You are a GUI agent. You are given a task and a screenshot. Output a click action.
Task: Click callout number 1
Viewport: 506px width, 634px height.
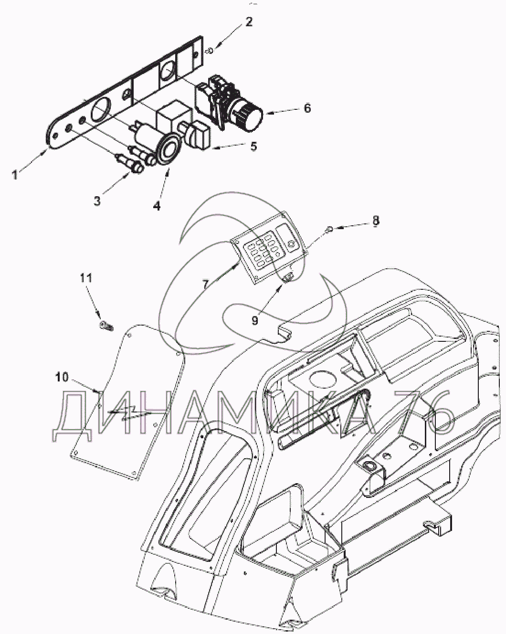tap(15, 175)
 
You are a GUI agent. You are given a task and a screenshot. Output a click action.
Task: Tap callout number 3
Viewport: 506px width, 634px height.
tap(97, 201)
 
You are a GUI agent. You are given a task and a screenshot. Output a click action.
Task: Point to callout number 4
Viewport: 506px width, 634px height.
tap(157, 206)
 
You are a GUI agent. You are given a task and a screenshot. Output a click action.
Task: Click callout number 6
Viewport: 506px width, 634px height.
tap(307, 108)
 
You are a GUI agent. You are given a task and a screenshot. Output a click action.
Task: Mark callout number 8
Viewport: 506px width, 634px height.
tap(376, 220)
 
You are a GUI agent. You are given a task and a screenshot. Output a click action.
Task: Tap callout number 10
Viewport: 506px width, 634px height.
tap(62, 377)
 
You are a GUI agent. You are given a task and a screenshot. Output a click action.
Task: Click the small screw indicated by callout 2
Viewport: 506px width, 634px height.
tap(210, 50)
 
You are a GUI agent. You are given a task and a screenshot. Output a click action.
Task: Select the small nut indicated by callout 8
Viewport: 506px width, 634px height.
tap(329, 230)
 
